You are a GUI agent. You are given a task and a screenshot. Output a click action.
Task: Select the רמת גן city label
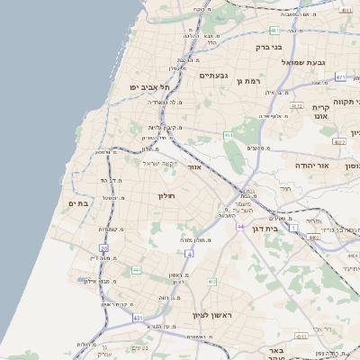tap(247, 81)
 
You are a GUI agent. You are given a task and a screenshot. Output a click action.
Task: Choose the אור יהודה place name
tap(311, 166)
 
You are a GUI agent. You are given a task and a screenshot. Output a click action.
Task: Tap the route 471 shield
tap(340, 77)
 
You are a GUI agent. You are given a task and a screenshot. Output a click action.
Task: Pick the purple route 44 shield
tap(241, 226)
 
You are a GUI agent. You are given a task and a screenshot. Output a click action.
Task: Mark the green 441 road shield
tap(136, 270)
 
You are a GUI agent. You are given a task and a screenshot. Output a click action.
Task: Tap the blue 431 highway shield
tap(138, 318)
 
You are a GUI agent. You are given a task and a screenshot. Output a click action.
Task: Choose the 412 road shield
tap(211, 282)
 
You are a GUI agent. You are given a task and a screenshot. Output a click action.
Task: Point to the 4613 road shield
tap(339, 142)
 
